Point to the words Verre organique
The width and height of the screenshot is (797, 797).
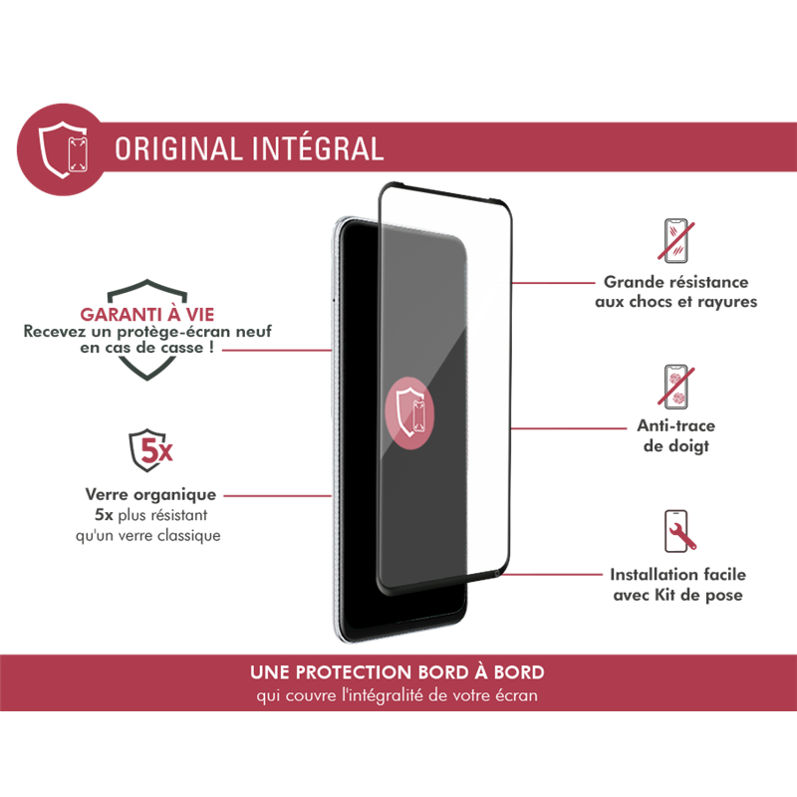tap(149, 494)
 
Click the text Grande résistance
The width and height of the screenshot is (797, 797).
tap(676, 283)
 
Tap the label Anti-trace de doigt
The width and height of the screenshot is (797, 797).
tap(675, 436)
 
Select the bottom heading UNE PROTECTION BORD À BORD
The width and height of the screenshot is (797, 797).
tap(398, 672)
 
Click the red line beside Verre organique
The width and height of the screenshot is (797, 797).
tap(275, 494)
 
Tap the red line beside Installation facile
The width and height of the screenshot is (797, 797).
tap(553, 575)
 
